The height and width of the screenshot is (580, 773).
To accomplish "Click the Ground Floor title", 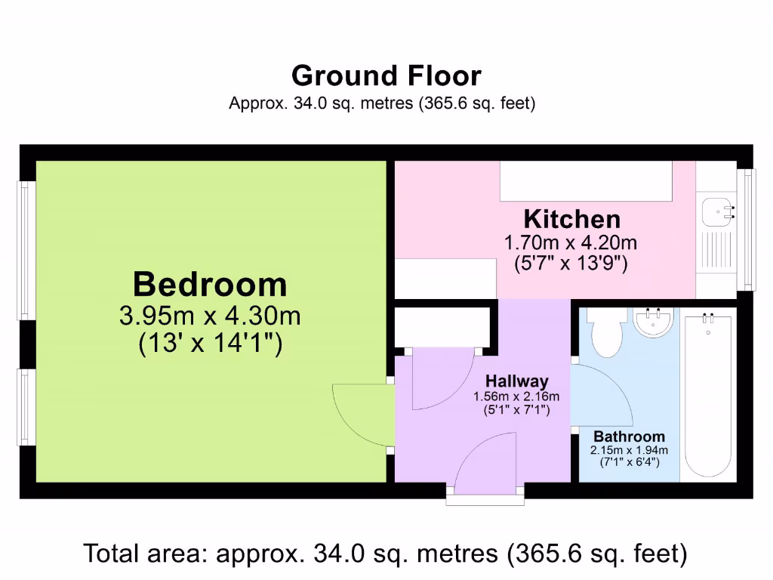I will tap(386, 76).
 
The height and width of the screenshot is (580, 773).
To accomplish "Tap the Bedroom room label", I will tap(210, 285).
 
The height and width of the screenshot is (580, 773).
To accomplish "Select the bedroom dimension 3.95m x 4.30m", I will tap(210, 315).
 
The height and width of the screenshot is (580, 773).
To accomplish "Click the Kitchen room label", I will tap(572, 219).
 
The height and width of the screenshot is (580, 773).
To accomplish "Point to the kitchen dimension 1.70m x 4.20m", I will tap(571, 243).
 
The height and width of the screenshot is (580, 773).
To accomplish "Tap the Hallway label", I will tap(516, 381).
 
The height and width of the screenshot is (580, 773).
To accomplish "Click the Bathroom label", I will tap(629, 437).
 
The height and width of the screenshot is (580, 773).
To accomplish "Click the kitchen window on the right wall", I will tap(748, 229).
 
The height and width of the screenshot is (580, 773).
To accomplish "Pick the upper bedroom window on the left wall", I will tap(24, 250).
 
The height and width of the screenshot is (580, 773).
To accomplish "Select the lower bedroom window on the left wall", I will tap(24, 407).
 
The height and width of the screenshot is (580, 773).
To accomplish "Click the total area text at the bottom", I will tap(386, 554).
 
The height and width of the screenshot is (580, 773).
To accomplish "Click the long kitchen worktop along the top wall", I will tap(586, 181).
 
